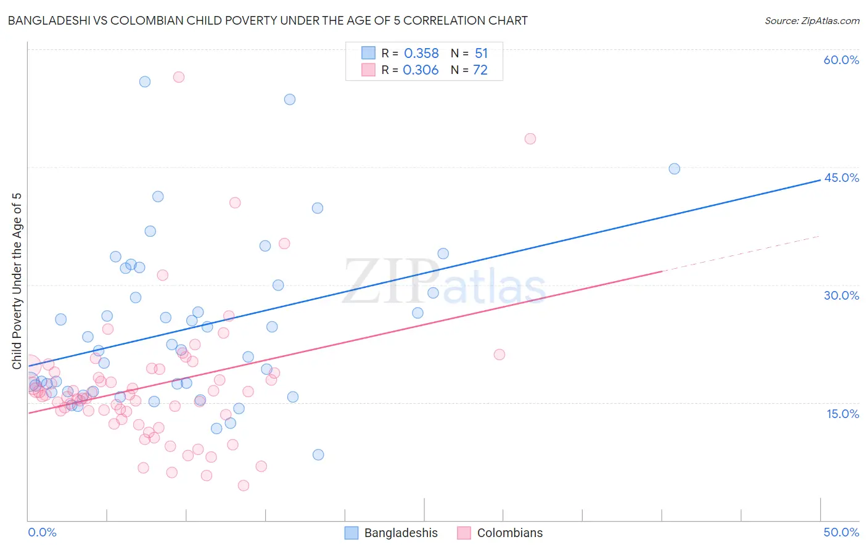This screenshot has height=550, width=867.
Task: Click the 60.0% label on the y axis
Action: point(841,60)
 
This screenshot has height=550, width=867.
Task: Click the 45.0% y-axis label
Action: point(841,178)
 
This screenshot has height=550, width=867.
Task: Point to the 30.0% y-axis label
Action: point(841,295)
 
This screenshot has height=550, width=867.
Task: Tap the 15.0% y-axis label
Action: point(842,414)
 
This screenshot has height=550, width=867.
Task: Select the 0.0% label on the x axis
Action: point(42,532)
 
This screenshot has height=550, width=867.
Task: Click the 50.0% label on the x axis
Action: point(841,532)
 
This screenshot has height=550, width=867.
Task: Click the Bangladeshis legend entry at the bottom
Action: point(400,533)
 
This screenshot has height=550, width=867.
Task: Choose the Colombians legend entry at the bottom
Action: point(509,533)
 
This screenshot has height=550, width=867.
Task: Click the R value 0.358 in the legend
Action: point(421,54)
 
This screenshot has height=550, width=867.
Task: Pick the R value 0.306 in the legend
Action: point(421,70)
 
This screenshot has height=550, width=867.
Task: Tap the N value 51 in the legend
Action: point(481,54)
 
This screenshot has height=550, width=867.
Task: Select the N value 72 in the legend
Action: point(480,70)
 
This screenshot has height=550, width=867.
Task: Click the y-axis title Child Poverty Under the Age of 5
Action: point(17,281)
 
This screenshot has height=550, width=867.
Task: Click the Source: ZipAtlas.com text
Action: point(812,21)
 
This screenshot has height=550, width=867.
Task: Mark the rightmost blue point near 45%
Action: point(674,169)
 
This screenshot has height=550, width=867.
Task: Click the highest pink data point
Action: point(179,77)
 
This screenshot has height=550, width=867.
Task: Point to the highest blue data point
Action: point(145,82)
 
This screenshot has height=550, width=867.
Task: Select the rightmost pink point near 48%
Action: point(530,139)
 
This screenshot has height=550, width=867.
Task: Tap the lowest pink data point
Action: point(244,486)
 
